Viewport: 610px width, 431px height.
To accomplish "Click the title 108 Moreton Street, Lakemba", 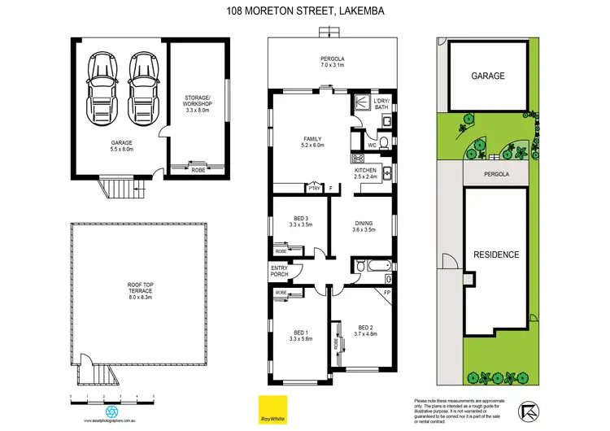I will [x=305, y=11].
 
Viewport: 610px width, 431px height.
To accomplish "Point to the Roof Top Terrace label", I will [x=141, y=292].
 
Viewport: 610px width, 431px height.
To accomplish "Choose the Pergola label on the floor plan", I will [x=330, y=61].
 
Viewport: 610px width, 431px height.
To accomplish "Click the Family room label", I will [x=313, y=143].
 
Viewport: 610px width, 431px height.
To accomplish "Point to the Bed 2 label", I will [x=365, y=330].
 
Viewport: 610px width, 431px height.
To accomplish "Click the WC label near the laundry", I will [x=371, y=146].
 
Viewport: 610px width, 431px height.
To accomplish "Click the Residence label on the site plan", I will [x=496, y=255].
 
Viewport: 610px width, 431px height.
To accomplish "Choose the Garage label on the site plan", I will [x=488, y=76].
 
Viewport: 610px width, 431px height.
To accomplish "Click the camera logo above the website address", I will [x=111, y=411].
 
